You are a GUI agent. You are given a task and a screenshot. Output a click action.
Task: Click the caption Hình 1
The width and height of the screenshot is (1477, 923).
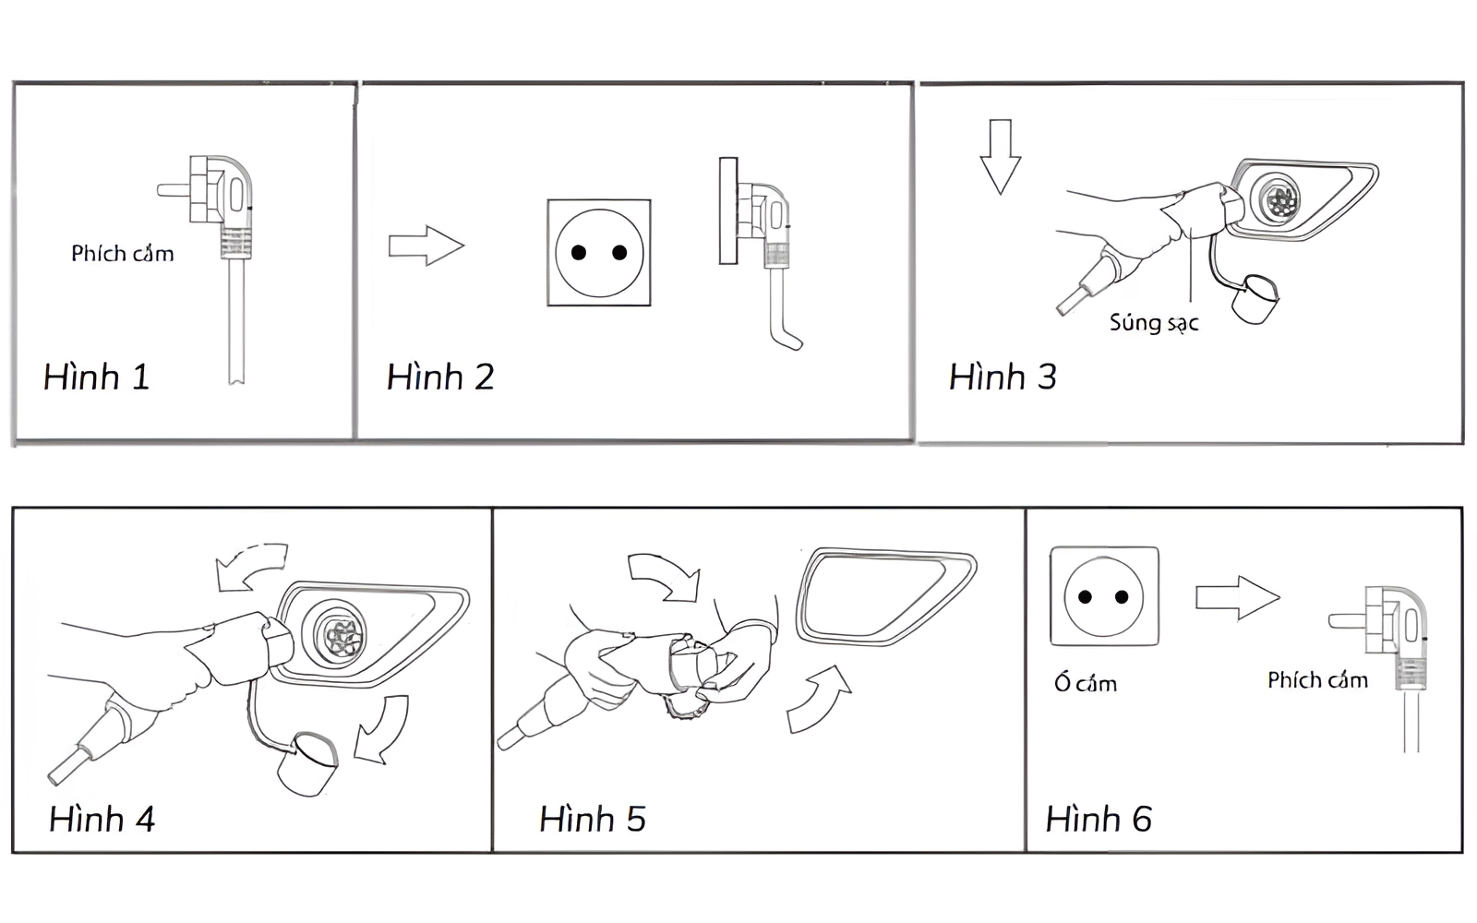click(x=96, y=377)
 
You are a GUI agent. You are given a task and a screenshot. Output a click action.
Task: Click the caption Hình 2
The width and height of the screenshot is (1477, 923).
click(x=440, y=377)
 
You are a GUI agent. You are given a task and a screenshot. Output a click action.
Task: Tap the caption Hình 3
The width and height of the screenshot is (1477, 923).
click(x=1003, y=377)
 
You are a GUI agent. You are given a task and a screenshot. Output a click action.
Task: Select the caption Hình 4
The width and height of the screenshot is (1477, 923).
click(x=102, y=819)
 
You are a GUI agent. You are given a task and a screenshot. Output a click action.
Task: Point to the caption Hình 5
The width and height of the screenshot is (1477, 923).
click(x=592, y=819)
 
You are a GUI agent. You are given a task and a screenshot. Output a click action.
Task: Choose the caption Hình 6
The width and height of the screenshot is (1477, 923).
click(x=1099, y=819)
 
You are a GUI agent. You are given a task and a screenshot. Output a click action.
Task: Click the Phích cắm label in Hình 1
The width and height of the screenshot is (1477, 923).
click(x=122, y=254)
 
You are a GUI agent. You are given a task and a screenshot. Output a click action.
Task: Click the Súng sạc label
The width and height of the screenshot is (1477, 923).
click(x=1154, y=322)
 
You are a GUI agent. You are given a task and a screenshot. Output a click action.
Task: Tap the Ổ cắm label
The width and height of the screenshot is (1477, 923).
click(x=1086, y=683)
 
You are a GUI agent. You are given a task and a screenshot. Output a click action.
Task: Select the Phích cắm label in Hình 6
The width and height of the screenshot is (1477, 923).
click(x=1317, y=680)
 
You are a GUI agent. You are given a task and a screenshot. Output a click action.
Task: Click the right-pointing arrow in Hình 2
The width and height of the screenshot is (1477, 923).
click(x=426, y=246)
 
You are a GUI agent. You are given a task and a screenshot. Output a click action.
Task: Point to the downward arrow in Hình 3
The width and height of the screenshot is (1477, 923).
click(x=1000, y=157)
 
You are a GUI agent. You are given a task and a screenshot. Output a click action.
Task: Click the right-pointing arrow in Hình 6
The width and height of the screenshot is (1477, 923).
click(x=1237, y=598)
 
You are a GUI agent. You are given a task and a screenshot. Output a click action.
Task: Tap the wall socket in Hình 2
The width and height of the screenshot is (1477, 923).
click(x=598, y=252)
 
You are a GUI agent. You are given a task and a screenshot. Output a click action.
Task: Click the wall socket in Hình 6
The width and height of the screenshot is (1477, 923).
click(x=1104, y=596)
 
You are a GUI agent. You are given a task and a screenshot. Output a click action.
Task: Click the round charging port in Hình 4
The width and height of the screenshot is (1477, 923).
click(x=340, y=634)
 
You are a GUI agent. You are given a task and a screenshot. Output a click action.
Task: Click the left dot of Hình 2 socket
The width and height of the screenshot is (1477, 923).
click(x=579, y=253)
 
